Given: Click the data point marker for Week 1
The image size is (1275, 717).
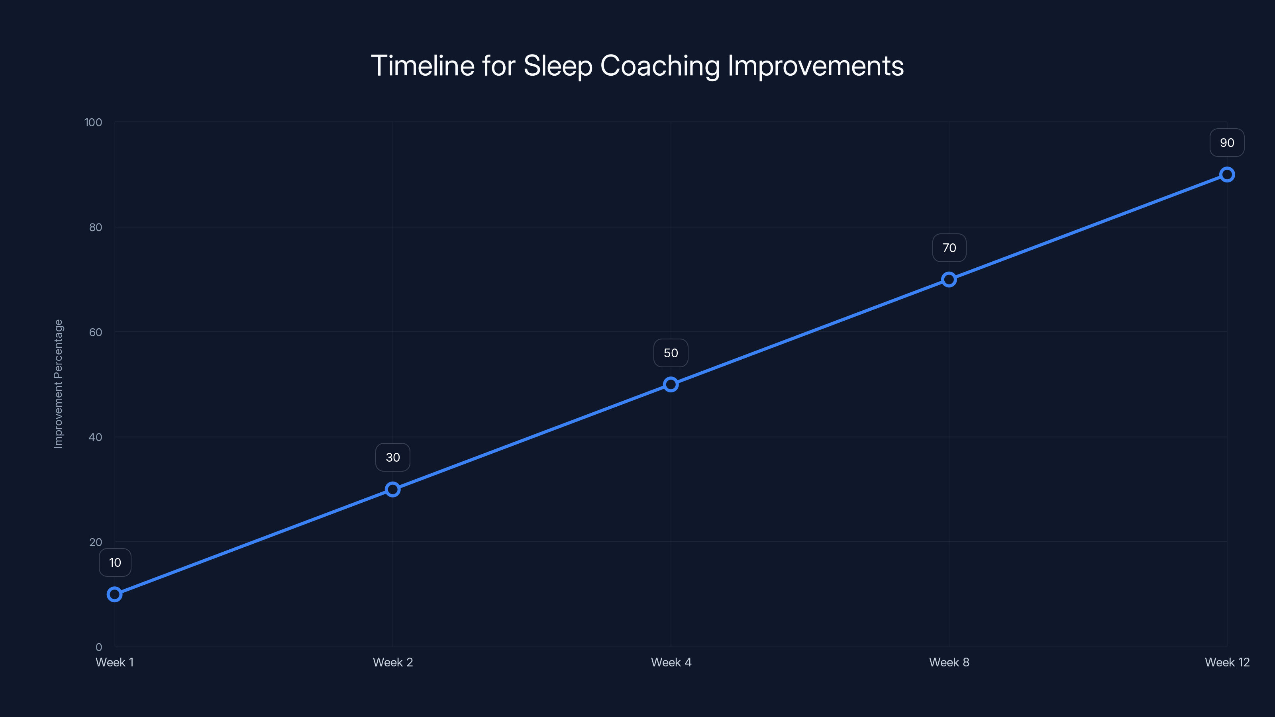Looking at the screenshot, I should point(114,594).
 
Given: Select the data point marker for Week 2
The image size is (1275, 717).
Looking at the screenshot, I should point(392,490).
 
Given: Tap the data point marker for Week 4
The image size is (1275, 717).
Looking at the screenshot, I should point(671,384).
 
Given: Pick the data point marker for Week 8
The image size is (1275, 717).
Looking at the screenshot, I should point(949,280).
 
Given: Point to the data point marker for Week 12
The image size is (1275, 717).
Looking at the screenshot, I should point(1227,175).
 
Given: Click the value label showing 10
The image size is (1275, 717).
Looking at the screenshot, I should point(115,562).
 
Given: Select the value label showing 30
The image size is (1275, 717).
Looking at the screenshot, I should point(392,457).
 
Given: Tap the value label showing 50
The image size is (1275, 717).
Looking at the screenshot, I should point(671,353).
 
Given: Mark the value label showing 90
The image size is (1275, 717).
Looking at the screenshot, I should point(1227,143).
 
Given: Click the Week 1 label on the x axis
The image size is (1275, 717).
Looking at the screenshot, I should point(114,662).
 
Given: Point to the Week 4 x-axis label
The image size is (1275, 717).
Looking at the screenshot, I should point(671,662).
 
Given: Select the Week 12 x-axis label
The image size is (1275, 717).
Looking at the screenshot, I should point(1227,662).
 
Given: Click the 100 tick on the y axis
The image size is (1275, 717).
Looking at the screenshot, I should point(93,122).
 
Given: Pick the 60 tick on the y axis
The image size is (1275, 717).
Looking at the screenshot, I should point(96,332).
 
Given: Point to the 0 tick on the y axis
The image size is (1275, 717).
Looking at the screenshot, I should point(98,647).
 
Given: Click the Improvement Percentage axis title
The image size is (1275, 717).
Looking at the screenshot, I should point(59,384).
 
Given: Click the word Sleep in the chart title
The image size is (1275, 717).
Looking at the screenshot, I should point(557,66).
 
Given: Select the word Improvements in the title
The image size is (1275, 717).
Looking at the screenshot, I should point(815,66).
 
